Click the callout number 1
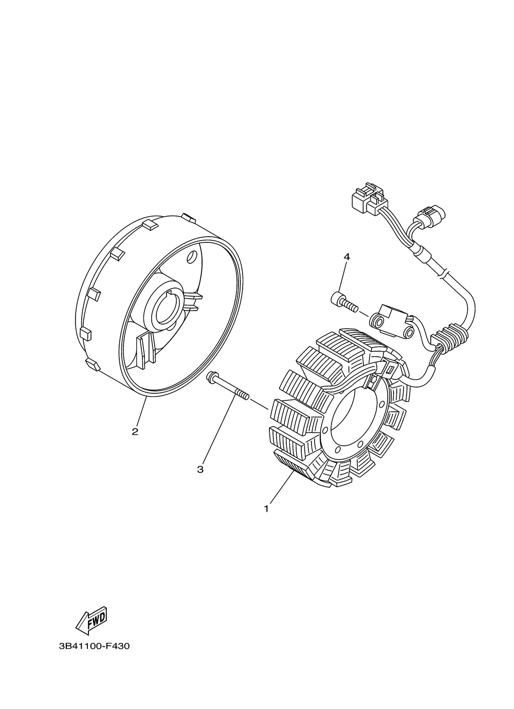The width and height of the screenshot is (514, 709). pos(266,509)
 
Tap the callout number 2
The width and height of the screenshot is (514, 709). pos(135,432)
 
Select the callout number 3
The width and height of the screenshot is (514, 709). pos(200,469)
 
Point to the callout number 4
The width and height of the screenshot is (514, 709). pos(346,257)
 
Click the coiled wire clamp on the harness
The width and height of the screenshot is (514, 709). pos(451,335)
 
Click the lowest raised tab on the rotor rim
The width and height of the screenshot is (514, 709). pos(93,365)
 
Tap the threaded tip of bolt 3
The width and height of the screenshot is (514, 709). pos(242,394)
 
